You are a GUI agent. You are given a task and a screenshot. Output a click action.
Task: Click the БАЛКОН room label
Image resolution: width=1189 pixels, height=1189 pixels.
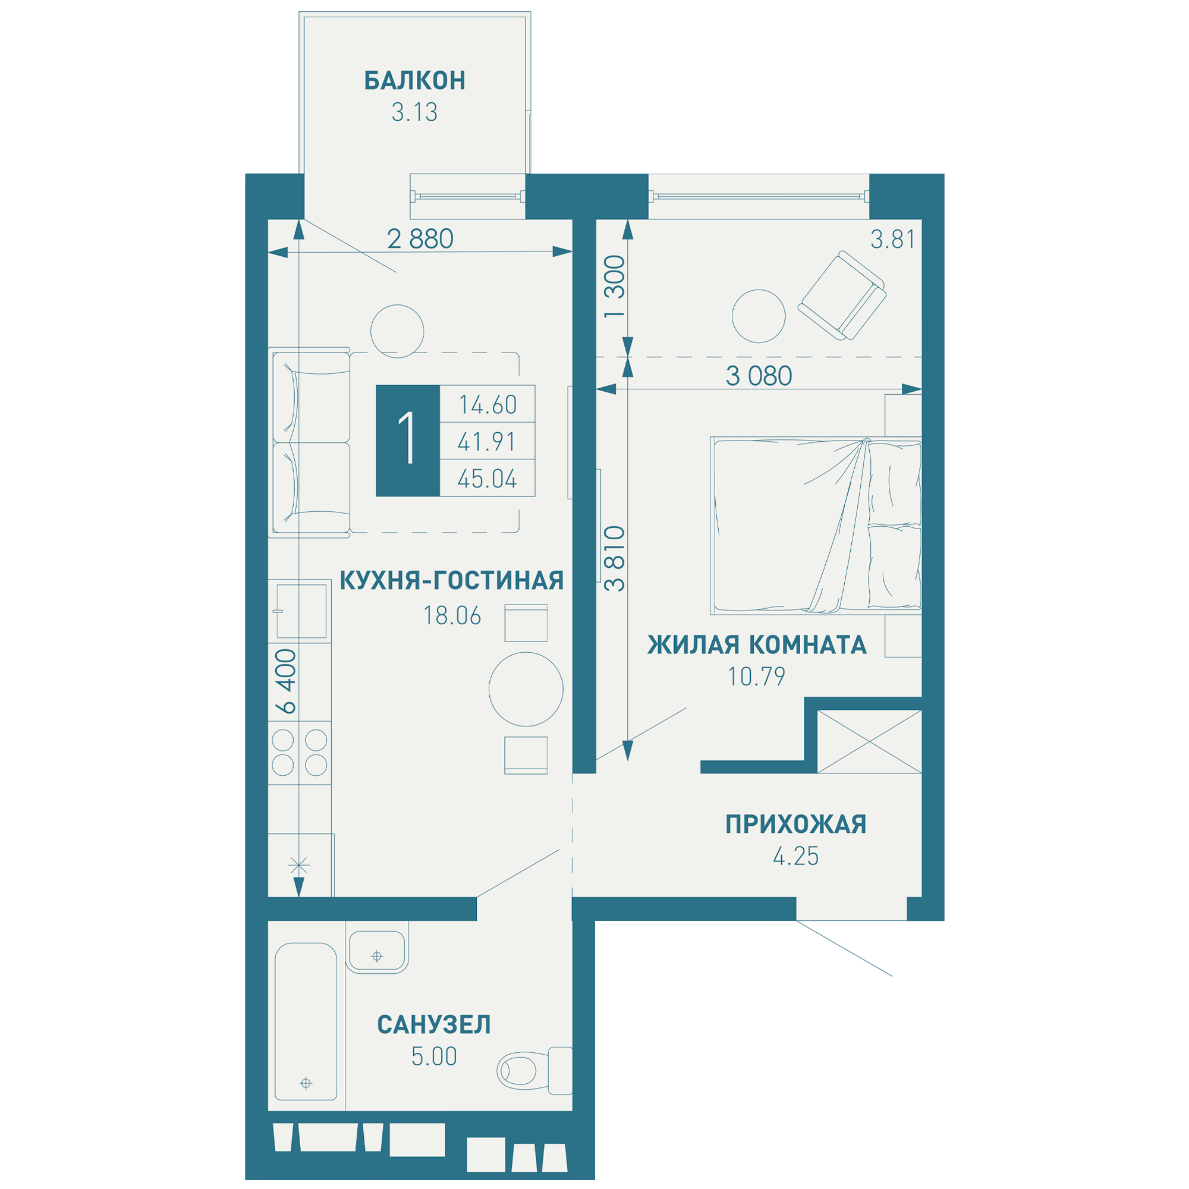[x=415, y=81]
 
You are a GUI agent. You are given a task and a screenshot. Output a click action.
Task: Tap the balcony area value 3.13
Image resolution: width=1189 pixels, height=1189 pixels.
[x=415, y=112]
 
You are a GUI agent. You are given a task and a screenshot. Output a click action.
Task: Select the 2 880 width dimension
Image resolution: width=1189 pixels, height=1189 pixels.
[x=420, y=239]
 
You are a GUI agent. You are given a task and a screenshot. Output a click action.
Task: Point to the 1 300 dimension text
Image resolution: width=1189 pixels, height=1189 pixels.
[x=615, y=287]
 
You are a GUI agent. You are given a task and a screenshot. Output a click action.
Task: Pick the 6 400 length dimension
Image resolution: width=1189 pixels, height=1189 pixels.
[x=286, y=681]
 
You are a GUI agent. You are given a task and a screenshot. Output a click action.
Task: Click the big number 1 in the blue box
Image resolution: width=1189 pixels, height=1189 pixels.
[x=408, y=441]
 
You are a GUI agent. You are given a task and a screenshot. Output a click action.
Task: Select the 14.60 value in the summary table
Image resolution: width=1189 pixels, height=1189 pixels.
[x=487, y=405]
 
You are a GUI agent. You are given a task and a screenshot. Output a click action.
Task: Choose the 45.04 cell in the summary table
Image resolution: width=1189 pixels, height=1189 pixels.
[x=487, y=479]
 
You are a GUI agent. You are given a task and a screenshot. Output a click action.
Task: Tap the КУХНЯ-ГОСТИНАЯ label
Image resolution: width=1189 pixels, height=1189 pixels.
[x=452, y=580]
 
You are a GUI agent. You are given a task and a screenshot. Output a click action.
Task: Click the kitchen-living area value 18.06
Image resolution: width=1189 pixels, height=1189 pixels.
[x=452, y=616]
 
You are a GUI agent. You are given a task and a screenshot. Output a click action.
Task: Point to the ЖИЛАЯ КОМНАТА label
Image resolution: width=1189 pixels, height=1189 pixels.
[x=757, y=645]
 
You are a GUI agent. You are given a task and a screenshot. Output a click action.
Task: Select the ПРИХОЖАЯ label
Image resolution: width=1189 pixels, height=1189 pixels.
[x=796, y=824]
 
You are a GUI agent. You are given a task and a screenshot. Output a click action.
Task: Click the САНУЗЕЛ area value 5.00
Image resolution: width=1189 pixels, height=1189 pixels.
[x=435, y=1056]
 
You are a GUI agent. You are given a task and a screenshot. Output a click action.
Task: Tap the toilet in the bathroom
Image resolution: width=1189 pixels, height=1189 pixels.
[x=535, y=1071]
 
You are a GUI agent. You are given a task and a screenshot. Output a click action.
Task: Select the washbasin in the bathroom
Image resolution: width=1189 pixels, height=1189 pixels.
[x=377, y=951]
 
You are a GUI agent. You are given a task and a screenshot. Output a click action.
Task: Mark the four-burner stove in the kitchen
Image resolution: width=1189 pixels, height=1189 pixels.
[x=300, y=753]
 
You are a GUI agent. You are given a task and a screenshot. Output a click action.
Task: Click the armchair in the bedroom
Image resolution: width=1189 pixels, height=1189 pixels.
[x=842, y=295]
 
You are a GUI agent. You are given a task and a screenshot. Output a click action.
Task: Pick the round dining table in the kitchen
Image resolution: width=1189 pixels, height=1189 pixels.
[x=526, y=689]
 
